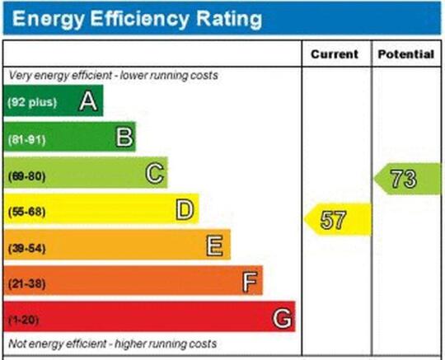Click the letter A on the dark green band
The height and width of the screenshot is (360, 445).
pos(88,101)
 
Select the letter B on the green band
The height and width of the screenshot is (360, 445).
pos(124,137)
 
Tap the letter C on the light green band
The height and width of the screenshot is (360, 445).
pos(155,173)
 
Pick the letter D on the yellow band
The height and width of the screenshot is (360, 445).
pos(185,209)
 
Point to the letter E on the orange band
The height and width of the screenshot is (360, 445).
pos(214,245)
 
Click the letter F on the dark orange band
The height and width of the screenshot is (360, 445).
pos(250,282)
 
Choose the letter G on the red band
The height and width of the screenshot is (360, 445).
pos(282,318)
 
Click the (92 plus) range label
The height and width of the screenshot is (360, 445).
pos(32,102)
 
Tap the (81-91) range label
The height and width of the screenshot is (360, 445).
pos(26,140)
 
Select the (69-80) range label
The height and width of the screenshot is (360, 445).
pos(26,176)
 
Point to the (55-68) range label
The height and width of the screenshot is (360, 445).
pos(26,212)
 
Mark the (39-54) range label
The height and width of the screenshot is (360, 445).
pos(26,249)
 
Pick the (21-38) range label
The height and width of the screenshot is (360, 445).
pos(26,283)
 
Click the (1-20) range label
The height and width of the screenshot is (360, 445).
pos(24,320)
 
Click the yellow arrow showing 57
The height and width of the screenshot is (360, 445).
pos(338,219)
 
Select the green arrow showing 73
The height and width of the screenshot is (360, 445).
pos(408,179)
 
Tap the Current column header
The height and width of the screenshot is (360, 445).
pos(335,54)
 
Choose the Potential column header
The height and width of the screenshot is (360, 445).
pos(406,54)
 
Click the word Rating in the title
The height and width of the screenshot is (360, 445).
pos(229,19)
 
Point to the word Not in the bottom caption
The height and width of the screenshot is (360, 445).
pos(16,344)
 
